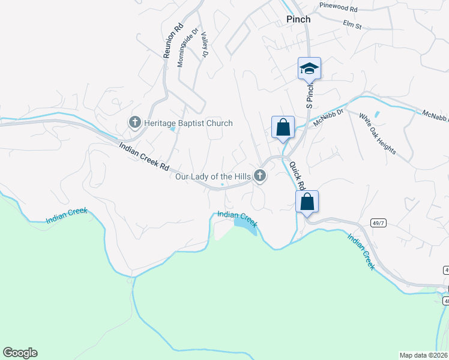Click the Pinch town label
(x=298, y=19)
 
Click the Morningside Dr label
(x=187, y=48)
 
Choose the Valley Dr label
(x=204, y=45)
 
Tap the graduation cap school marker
(x=309, y=68)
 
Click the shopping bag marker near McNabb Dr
(x=283, y=127)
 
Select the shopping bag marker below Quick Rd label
(x=307, y=202)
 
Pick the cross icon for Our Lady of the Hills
(x=260, y=176)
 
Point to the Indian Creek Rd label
(x=144, y=158)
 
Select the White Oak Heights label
(x=378, y=133)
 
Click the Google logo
(x=20, y=353)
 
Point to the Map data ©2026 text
(x=424, y=355)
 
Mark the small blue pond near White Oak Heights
(x=377, y=114)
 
